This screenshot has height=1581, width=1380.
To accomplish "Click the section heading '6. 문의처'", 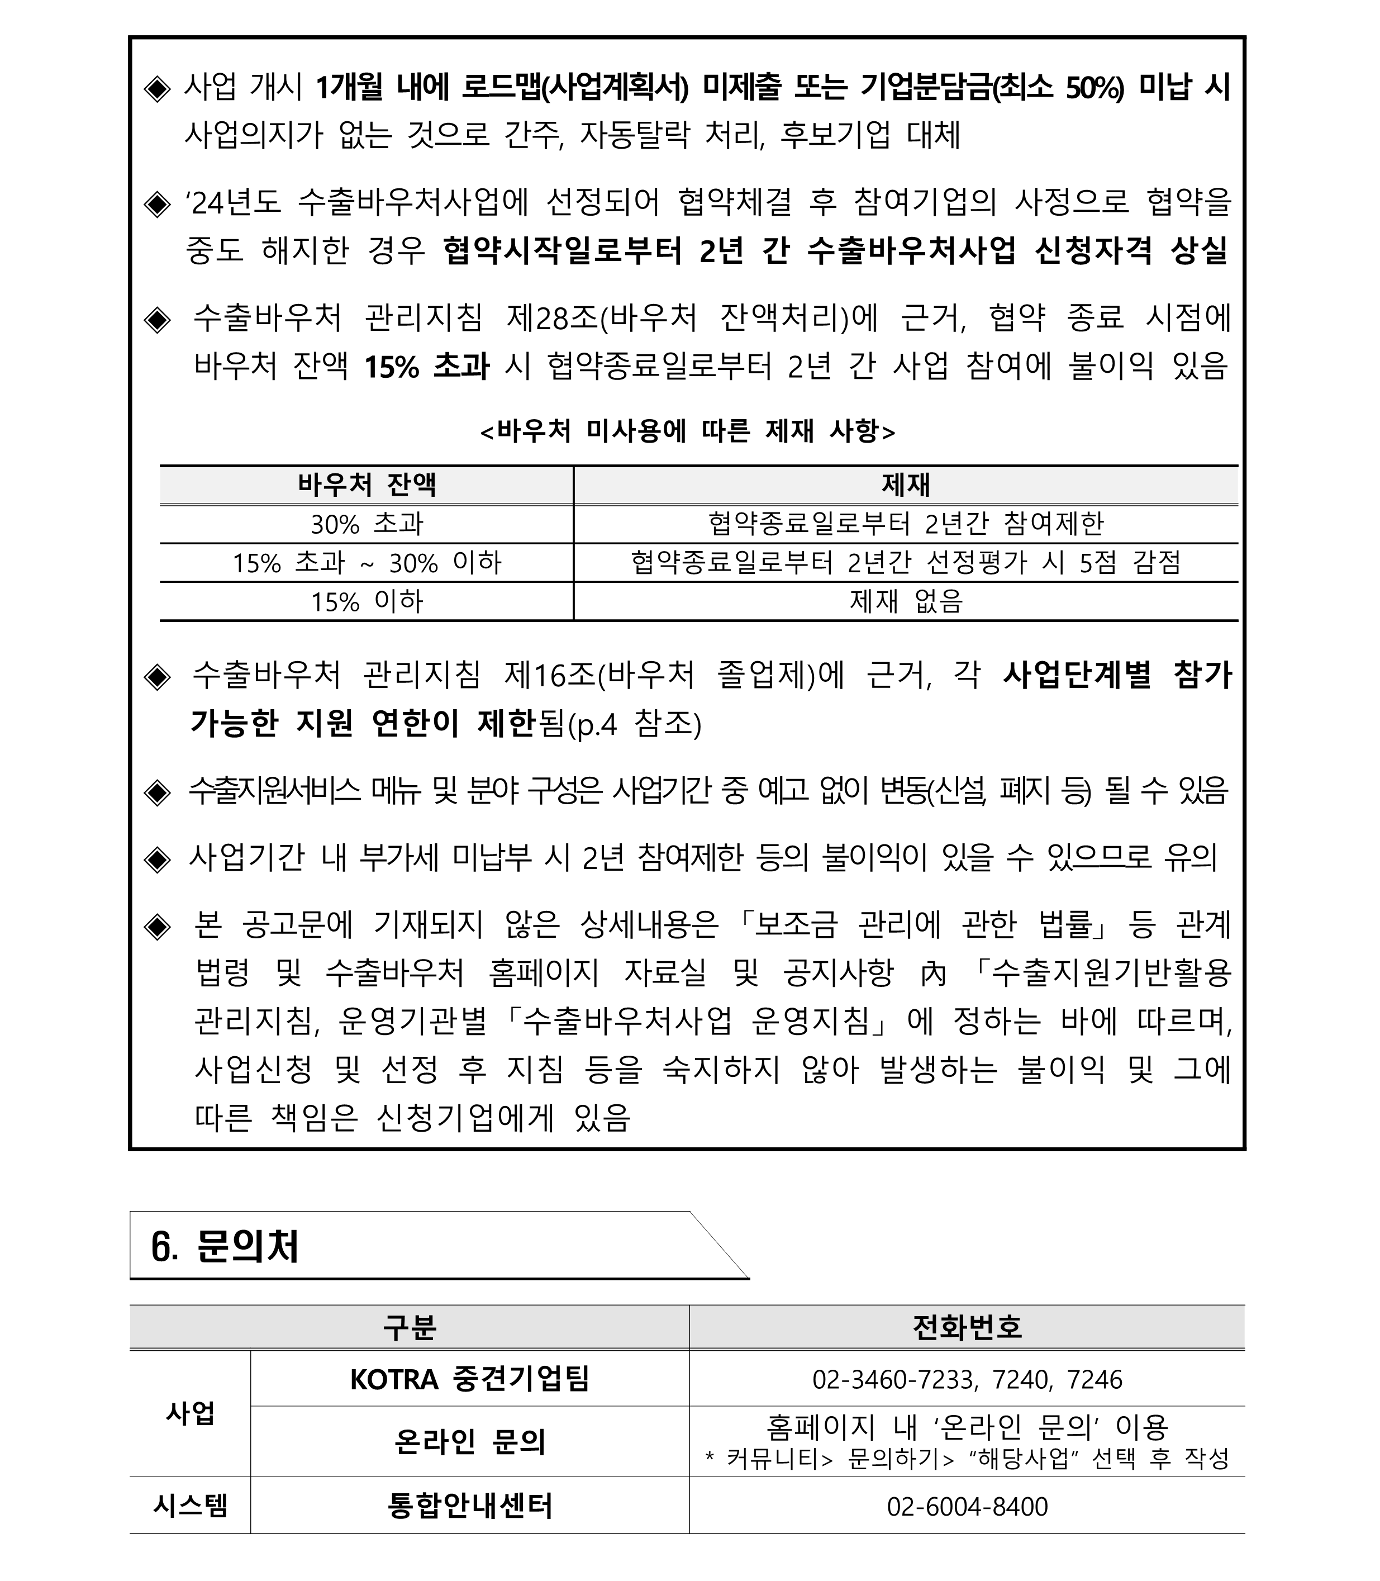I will (225, 1247).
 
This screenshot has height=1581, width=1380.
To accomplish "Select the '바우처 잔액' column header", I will (367, 485).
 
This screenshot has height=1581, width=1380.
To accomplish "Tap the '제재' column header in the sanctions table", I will (906, 485).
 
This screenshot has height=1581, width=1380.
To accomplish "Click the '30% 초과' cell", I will (367, 524).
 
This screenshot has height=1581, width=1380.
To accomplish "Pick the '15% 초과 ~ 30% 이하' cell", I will (367, 563).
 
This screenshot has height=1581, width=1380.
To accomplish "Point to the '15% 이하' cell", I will (367, 601).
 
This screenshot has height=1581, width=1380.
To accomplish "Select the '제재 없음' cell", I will (906, 601).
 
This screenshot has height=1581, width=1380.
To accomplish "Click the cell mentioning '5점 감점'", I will (906, 563).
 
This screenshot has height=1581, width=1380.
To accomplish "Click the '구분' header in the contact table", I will (409, 1327).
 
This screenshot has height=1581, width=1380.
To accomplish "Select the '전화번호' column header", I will (967, 1327).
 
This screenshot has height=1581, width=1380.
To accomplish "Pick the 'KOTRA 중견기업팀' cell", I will (470, 1379).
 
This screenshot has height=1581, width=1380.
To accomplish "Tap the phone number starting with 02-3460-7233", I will (967, 1379).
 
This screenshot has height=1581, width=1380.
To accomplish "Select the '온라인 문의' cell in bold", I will (470, 1442).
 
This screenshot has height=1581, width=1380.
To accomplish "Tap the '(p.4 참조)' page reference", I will (634, 725).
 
